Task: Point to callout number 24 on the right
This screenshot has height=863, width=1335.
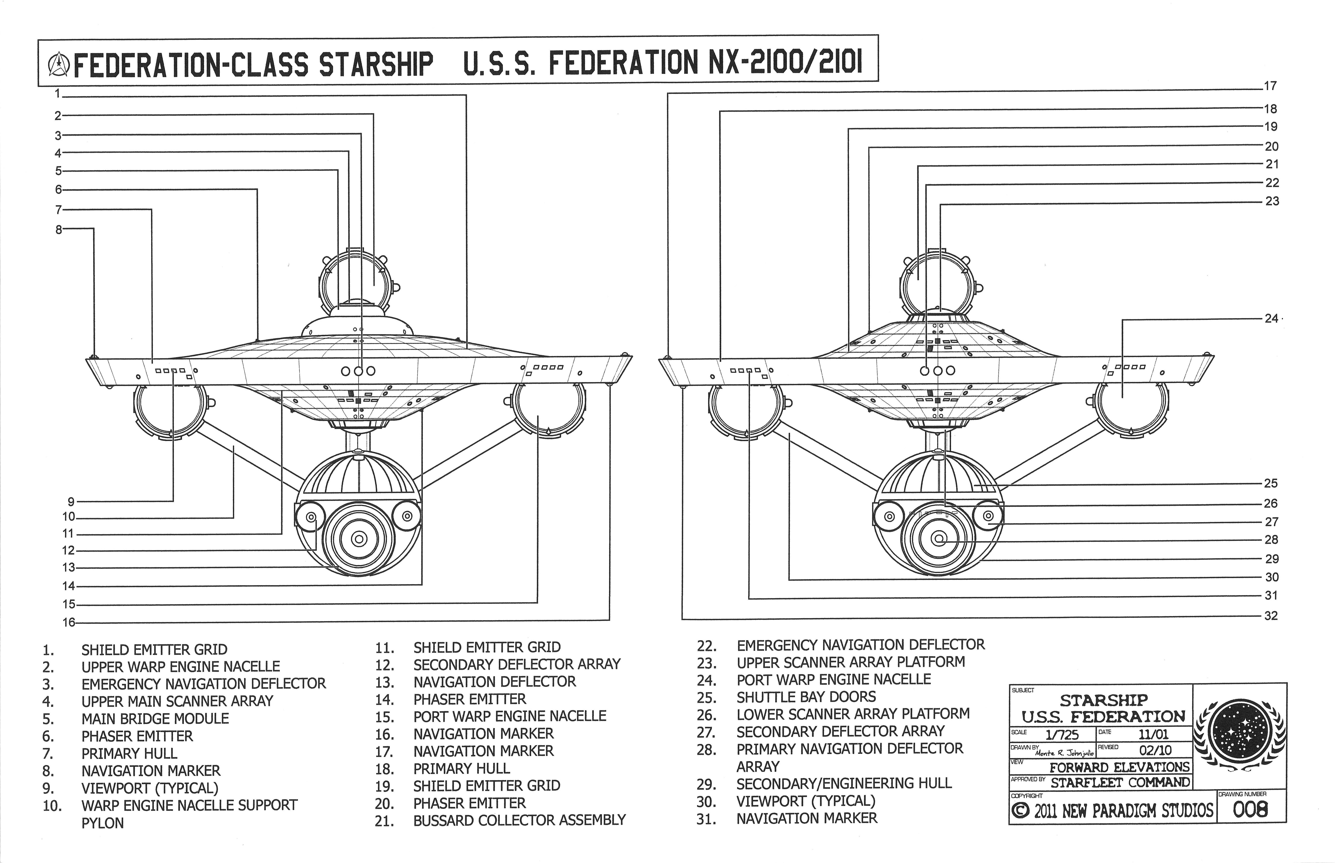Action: click(x=1271, y=318)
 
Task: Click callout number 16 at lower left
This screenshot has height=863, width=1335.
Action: click(x=68, y=622)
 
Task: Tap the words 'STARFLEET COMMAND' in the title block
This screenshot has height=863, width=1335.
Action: click(x=1120, y=782)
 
